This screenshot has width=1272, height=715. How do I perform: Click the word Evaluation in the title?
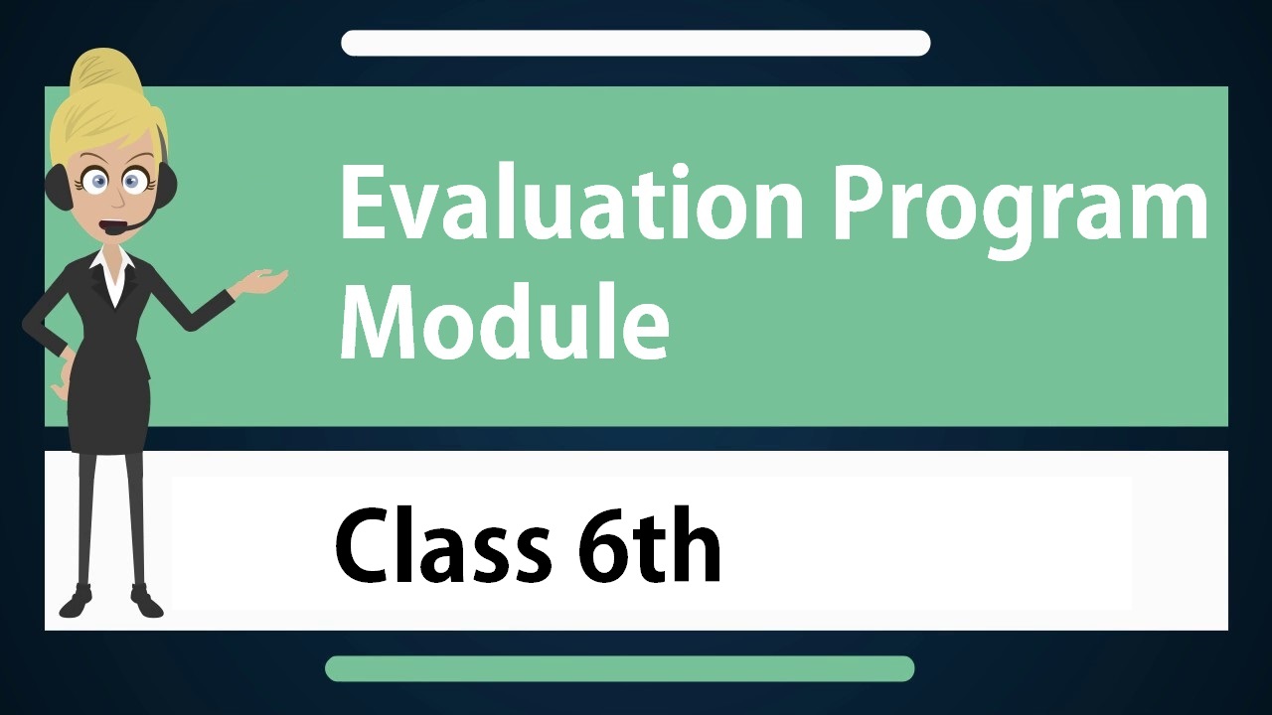click(x=571, y=202)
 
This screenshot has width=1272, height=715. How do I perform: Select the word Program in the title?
click(x=1020, y=210)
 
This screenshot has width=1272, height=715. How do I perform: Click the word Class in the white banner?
click(x=442, y=545)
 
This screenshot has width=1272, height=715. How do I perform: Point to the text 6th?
click(x=649, y=543)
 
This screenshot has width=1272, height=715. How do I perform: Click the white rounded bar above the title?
click(x=635, y=43)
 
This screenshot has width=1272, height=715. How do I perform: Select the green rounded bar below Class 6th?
click(x=619, y=668)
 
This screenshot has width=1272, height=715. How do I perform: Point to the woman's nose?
click(x=117, y=200)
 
